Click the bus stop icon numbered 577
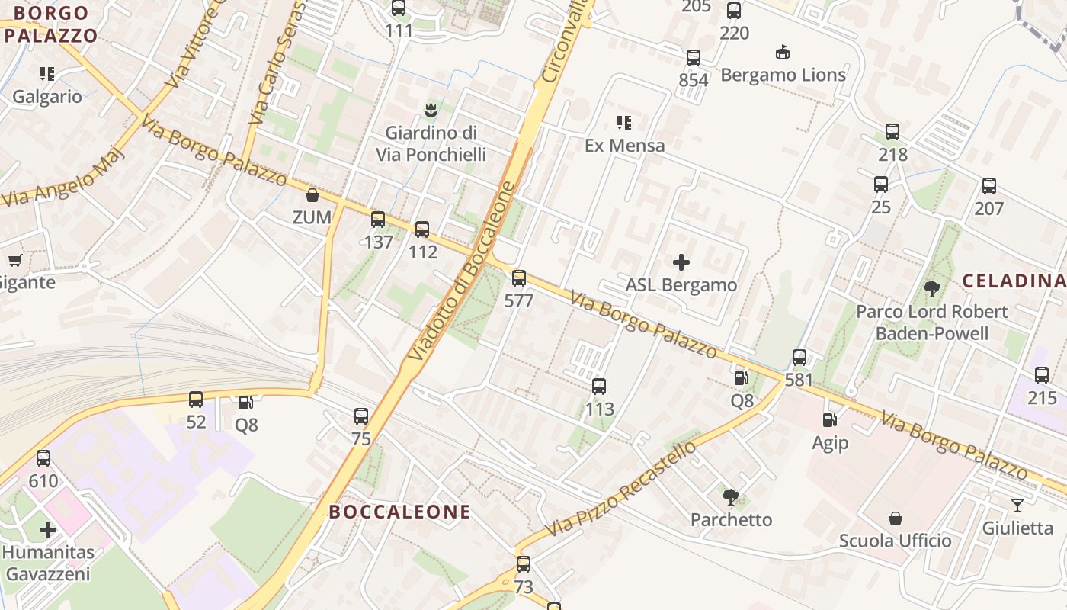pyautogui.click(x=519, y=278)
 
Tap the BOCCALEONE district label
pyautogui.click(x=399, y=512)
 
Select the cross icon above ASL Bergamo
pyautogui.click(x=681, y=263)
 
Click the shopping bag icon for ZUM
pyautogui.click(x=312, y=196)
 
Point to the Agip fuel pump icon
pyautogui.click(x=829, y=420)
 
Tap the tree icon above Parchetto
pyautogui.click(x=731, y=498)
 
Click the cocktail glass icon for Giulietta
pyautogui.click(x=1017, y=506)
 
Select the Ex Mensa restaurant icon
pyautogui.click(x=624, y=123)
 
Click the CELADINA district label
pyautogui.click(x=1014, y=281)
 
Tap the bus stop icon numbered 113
pyautogui.click(x=599, y=387)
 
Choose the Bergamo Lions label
pyautogui.click(x=783, y=75)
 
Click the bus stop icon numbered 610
pyautogui.click(x=43, y=458)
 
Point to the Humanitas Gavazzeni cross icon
pyautogui.click(x=48, y=529)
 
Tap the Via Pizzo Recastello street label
pyautogui.click(x=621, y=488)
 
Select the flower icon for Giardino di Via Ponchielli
pyautogui.click(x=431, y=110)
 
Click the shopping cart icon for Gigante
pyautogui.click(x=14, y=261)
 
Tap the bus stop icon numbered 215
pyautogui.click(x=1042, y=375)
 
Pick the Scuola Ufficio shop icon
pyautogui.click(x=896, y=518)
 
